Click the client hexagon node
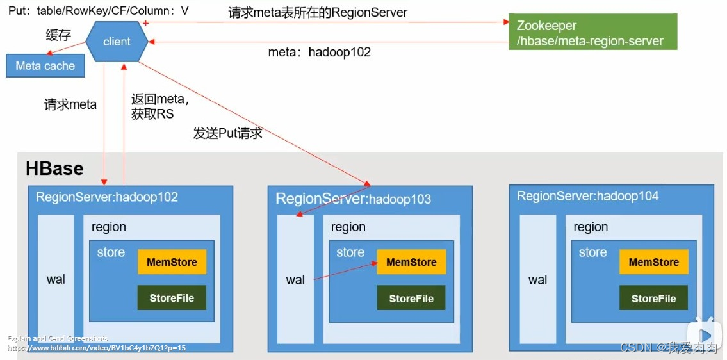117,42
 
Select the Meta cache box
45,66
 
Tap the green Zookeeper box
592,33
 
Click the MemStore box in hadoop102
172,262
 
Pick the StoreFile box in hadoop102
172,298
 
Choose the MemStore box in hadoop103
411,262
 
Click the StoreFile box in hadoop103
411,299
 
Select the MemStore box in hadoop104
653,262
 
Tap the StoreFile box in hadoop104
653,299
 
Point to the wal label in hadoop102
56,279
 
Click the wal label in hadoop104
538,279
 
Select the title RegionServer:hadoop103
353,199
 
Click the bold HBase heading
54,168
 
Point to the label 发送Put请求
227,134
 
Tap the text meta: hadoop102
319,53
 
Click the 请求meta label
70,104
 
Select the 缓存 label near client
58,35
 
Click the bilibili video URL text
97,348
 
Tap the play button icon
705,335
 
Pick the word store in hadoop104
592,252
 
